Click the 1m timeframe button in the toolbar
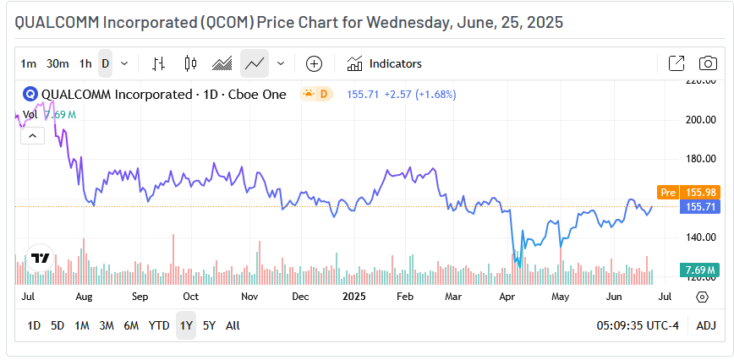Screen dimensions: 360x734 [29, 63]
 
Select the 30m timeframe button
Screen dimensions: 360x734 [58, 63]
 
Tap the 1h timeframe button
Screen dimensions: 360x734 [85, 63]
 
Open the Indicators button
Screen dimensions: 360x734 [385, 63]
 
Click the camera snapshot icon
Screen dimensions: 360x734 [708, 63]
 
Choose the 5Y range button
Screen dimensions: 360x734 [209, 325]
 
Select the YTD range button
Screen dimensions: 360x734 [159, 325]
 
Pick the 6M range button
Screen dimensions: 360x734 [131, 325]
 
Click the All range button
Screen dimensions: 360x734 [233, 325]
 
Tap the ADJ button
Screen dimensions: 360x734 [705, 325]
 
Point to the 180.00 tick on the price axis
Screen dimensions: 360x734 [700, 158]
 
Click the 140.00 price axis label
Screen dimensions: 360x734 [700, 237]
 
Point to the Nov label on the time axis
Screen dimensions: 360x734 [249, 297]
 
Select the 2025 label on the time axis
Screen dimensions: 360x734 [353, 297]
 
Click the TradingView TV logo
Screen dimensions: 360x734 [39, 259]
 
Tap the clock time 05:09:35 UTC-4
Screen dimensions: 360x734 [638, 325]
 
